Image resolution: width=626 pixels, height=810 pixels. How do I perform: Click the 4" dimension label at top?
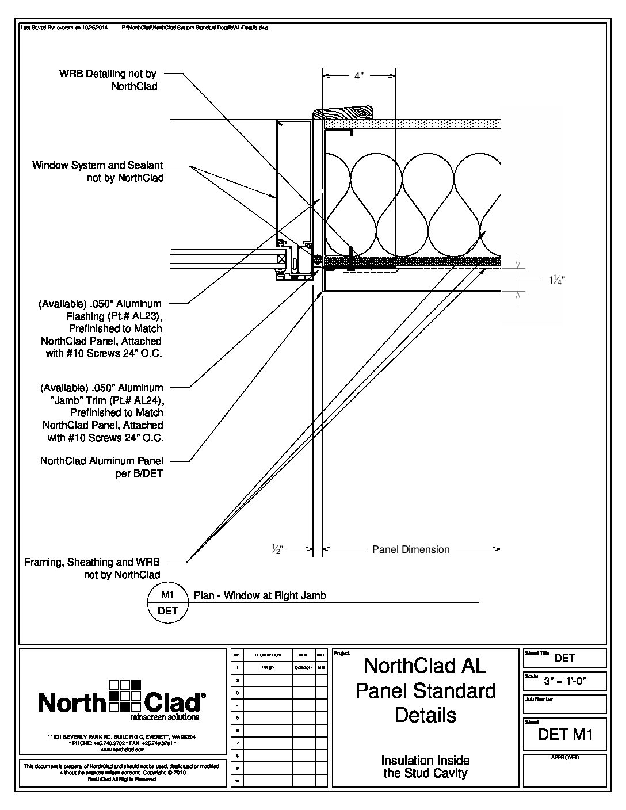click(x=359, y=76)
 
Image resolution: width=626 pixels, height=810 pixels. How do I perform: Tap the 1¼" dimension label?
click(x=556, y=280)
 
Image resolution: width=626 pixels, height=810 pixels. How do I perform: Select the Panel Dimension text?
click(x=411, y=549)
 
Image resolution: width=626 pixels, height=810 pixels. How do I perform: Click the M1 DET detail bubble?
click(x=168, y=602)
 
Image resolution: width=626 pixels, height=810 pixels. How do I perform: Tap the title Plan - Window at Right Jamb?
click(x=260, y=596)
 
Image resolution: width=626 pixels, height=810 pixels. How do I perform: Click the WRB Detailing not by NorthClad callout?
click(x=108, y=80)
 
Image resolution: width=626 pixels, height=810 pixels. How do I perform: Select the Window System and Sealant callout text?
click(x=98, y=171)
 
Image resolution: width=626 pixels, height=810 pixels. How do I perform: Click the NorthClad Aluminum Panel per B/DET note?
click(x=102, y=467)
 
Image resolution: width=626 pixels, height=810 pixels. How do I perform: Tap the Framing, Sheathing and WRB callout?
click(x=92, y=568)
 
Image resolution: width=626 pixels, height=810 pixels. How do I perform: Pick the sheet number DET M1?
click(x=565, y=734)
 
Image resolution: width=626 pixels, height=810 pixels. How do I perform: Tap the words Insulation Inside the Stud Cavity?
click(x=426, y=767)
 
